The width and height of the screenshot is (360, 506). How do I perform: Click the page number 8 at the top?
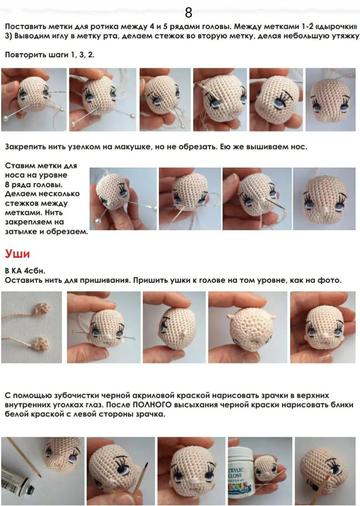[x=189, y=13]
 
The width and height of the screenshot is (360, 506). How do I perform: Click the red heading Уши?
[x=17, y=254]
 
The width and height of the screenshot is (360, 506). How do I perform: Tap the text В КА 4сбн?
[x=25, y=271]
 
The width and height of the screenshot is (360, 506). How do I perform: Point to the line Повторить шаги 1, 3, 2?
[x=50, y=55]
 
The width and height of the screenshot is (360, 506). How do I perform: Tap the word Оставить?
[x=23, y=280]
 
